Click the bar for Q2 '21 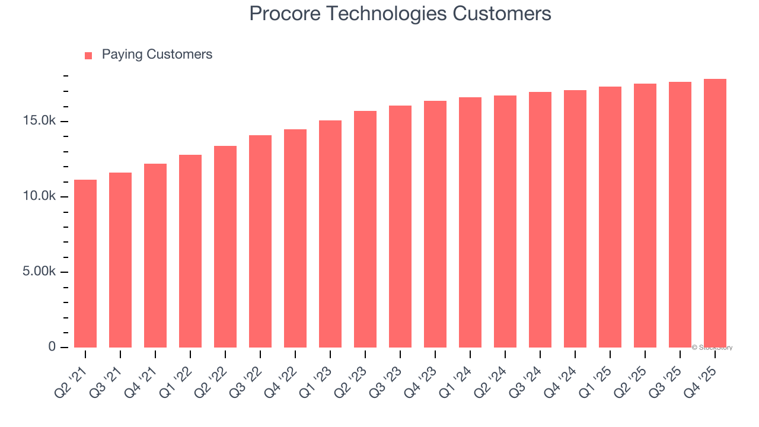click(x=85, y=263)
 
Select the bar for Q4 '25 click(x=715, y=213)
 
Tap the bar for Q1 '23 click(x=330, y=234)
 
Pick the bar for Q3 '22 click(x=260, y=241)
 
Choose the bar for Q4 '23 click(x=435, y=224)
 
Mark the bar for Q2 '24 click(x=505, y=221)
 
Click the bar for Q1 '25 click(x=610, y=217)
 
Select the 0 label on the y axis click(x=52, y=346)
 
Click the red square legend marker click(x=88, y=55)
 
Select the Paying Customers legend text click(x=157, y=55)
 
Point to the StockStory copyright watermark click(x=712, y=348)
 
